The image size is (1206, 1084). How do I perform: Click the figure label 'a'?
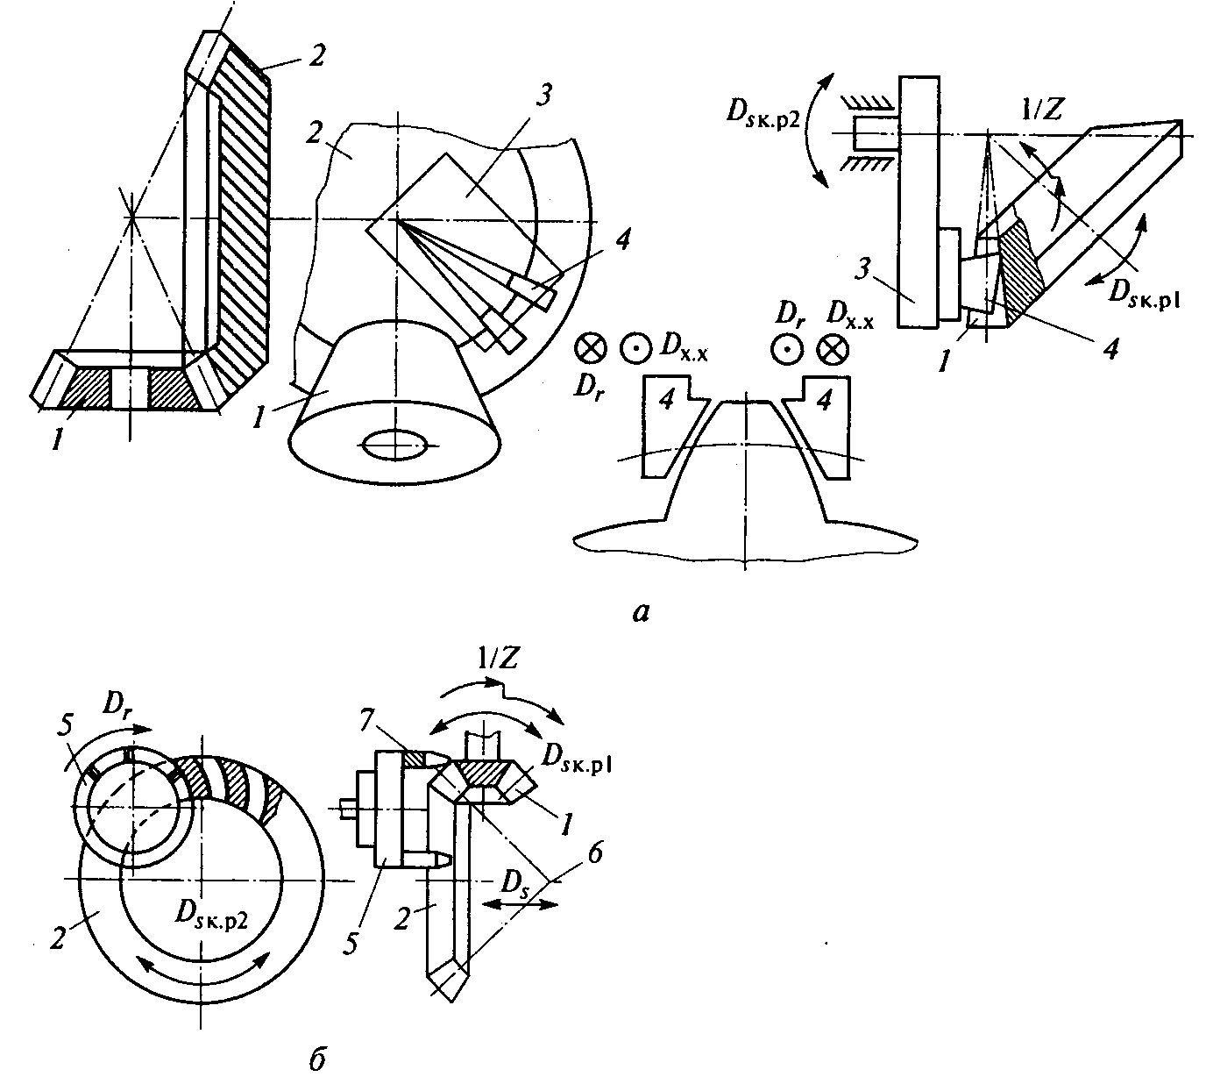(x=640, y=611)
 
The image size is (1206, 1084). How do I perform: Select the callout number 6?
(x=594, y=853)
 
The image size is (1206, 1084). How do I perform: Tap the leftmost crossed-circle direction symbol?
(x=591, y=349)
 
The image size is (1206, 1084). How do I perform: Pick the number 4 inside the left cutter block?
(x=666, y=400)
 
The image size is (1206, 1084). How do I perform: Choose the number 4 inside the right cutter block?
(x=825, y=400)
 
